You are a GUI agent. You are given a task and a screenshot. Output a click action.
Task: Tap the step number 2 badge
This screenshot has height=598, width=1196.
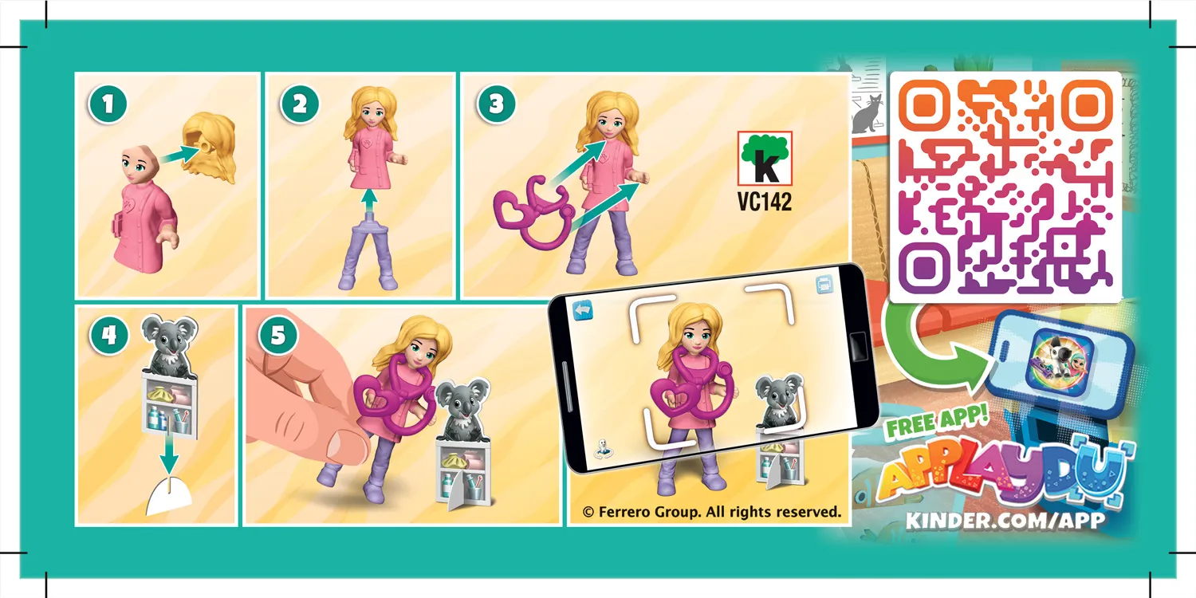(298, 105)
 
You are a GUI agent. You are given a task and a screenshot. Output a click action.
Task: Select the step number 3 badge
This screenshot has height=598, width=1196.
(496, 105)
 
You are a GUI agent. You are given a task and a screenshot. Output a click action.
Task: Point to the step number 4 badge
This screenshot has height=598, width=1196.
(108, 336)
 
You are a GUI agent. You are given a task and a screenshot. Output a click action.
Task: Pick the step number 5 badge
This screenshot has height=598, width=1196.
(277, 336)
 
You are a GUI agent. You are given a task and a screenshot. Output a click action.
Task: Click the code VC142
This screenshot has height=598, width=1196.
(764, 202)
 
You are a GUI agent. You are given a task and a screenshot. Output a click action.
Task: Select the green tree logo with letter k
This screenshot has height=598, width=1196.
(764, 159)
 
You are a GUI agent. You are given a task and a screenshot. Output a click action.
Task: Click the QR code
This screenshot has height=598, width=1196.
(1005, 187)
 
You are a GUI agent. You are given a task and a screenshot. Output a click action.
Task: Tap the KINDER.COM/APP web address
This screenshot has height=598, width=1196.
(1005, 521)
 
